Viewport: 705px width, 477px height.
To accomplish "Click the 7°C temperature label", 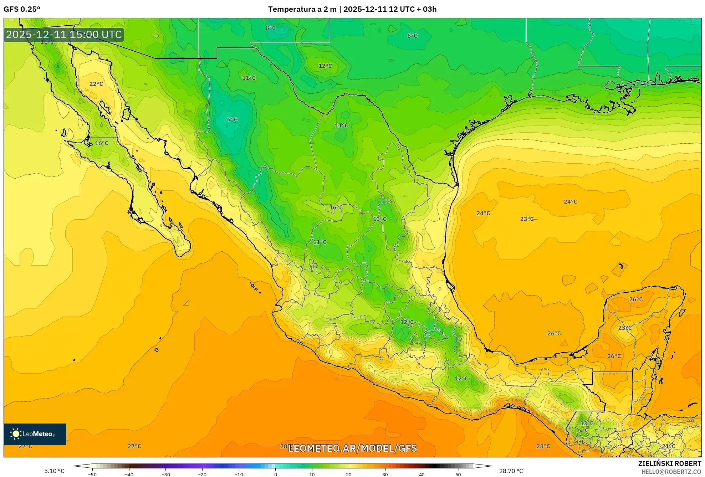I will (232, 120).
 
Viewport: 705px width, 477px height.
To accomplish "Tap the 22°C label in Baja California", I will (96, 84).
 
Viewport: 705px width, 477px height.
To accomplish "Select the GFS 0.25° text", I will (22, 9).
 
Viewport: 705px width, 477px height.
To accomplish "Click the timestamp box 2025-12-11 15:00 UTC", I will (64, 35).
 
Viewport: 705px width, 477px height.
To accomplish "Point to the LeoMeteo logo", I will (35, 434).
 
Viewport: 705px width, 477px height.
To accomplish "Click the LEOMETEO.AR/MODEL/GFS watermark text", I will (352, 448).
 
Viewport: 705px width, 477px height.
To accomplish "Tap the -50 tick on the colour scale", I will (92, 475).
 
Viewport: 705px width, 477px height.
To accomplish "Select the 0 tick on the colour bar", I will (275, 475).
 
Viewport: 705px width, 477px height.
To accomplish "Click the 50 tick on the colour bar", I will (458, 475).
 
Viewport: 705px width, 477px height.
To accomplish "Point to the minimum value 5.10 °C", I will (54, 471).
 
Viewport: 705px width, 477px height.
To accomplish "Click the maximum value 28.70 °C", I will (511, 471).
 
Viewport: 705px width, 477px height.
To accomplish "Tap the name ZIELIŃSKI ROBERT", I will (669, 463).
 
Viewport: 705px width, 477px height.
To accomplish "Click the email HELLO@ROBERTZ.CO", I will (671, 472).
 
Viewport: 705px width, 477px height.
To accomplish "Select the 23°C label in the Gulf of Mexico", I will (527, 219).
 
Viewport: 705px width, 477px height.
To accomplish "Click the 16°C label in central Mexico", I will (336, 207).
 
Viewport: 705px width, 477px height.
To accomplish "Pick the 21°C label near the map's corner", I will (669, 446).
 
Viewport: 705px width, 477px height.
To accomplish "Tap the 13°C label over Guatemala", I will (587, 424).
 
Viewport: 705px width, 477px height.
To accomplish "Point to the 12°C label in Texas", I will (325, 66).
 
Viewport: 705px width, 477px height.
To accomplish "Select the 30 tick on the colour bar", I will (385, 475).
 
